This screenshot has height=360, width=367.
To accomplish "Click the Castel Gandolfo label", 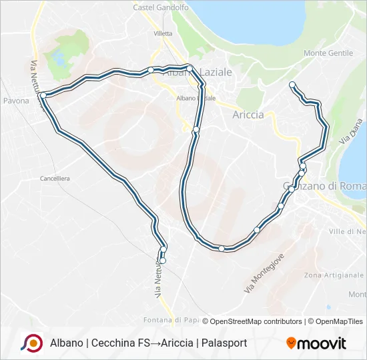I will point(161,7).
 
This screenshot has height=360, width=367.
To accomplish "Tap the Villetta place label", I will point(163,33).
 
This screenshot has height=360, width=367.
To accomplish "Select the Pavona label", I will point(16,101).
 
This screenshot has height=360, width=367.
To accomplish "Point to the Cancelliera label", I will point(55,179).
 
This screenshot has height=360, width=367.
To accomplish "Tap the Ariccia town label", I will point(248,115).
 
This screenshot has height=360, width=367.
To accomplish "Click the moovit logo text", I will point(322,343).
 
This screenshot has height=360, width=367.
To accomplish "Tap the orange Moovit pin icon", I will point(291,343).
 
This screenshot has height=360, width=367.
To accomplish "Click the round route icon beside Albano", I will point(31,343).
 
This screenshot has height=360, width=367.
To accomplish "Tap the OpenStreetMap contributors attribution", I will point(252,321).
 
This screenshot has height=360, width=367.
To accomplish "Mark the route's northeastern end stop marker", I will point(292,84).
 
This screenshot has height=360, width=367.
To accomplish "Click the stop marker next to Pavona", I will point(43,95).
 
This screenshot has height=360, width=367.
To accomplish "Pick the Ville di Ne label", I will point(348,231).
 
